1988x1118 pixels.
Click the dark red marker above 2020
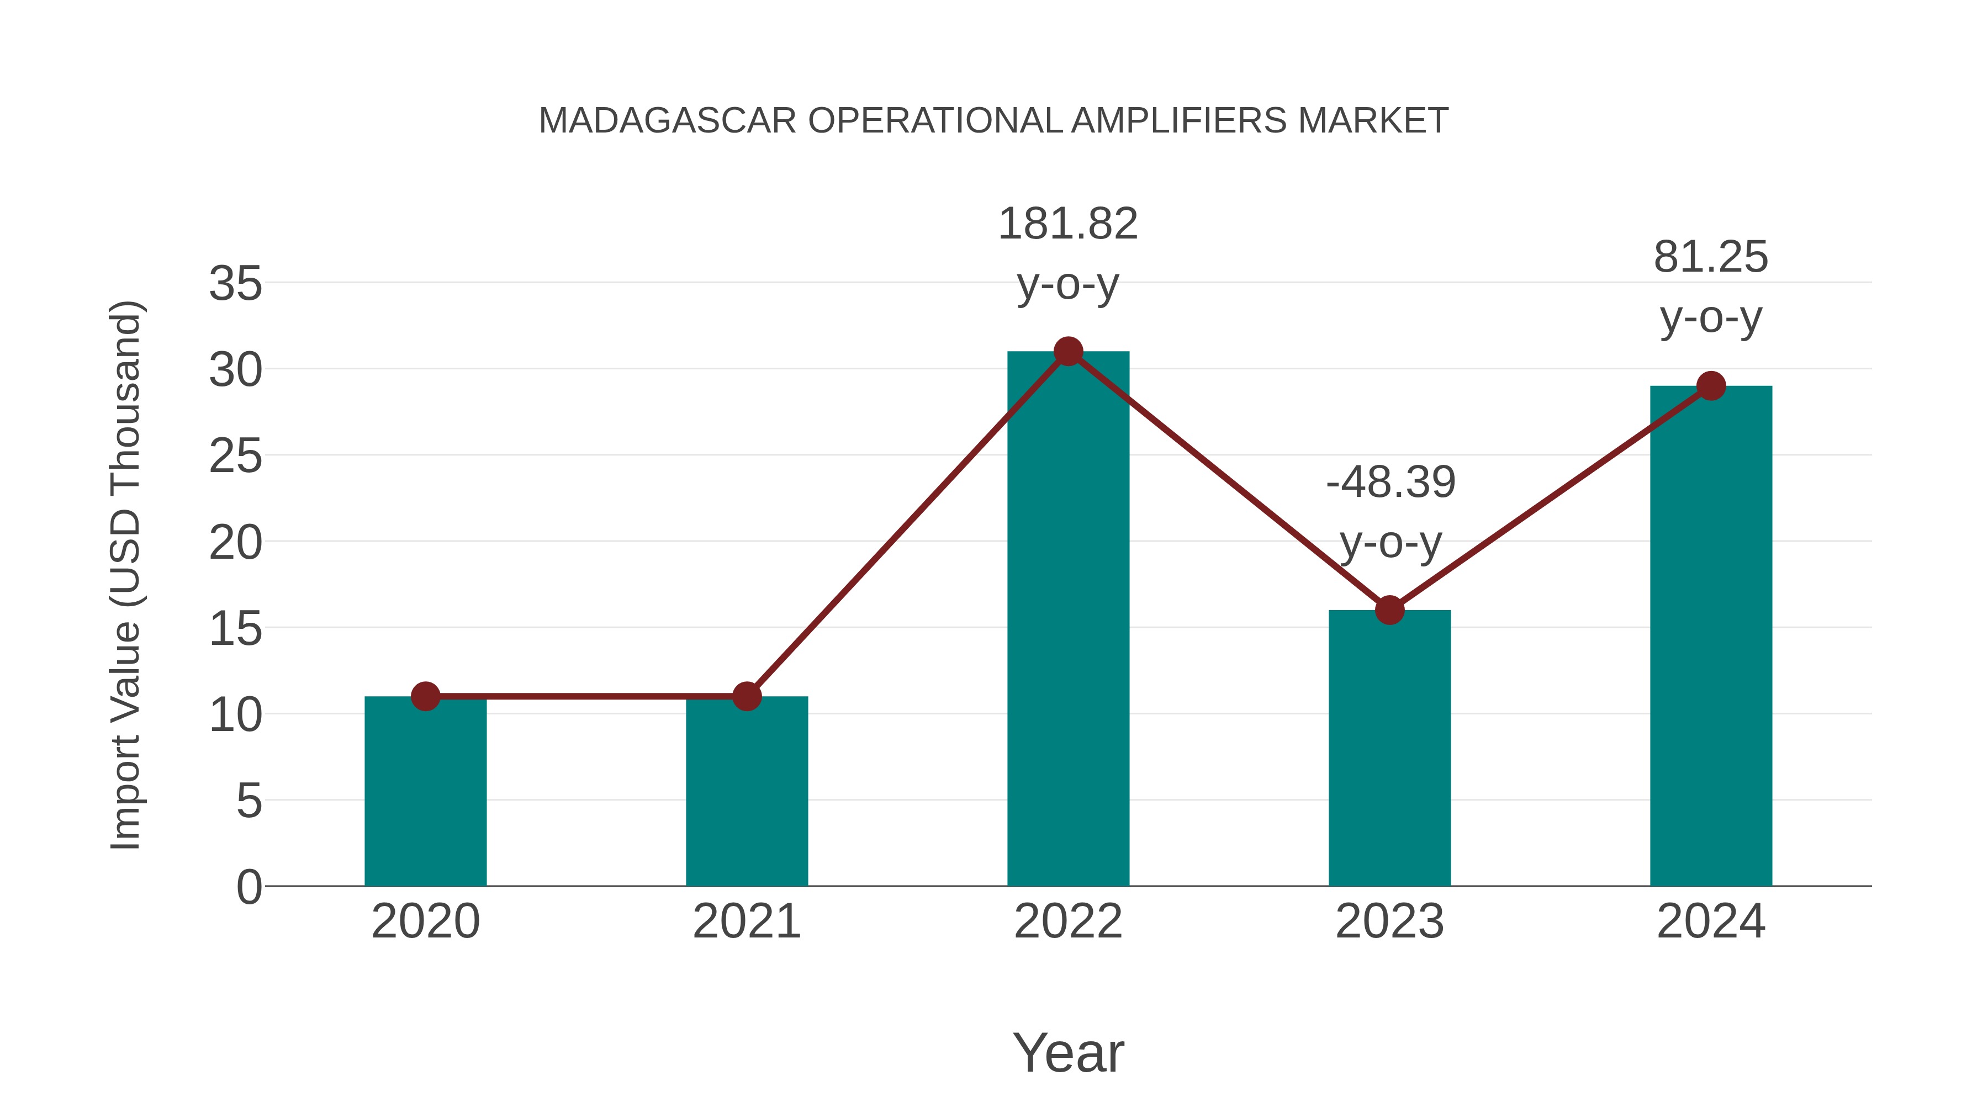(425, 697)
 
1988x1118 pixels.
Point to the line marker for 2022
(1068, 352)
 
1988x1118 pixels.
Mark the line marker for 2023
(1389, 610)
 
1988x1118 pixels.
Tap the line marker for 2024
(1711, 386)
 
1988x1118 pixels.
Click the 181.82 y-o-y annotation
(1068, 254)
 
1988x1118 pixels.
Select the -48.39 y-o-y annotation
(1390, 512)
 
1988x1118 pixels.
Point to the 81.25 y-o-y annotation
(1711, 287)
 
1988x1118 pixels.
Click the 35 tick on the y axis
(235, 284)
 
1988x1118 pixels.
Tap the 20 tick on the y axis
(235, 543)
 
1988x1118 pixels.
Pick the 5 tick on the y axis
(248, 802)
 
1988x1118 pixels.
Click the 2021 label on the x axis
(746, 921)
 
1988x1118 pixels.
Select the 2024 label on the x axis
(1711, 921)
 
